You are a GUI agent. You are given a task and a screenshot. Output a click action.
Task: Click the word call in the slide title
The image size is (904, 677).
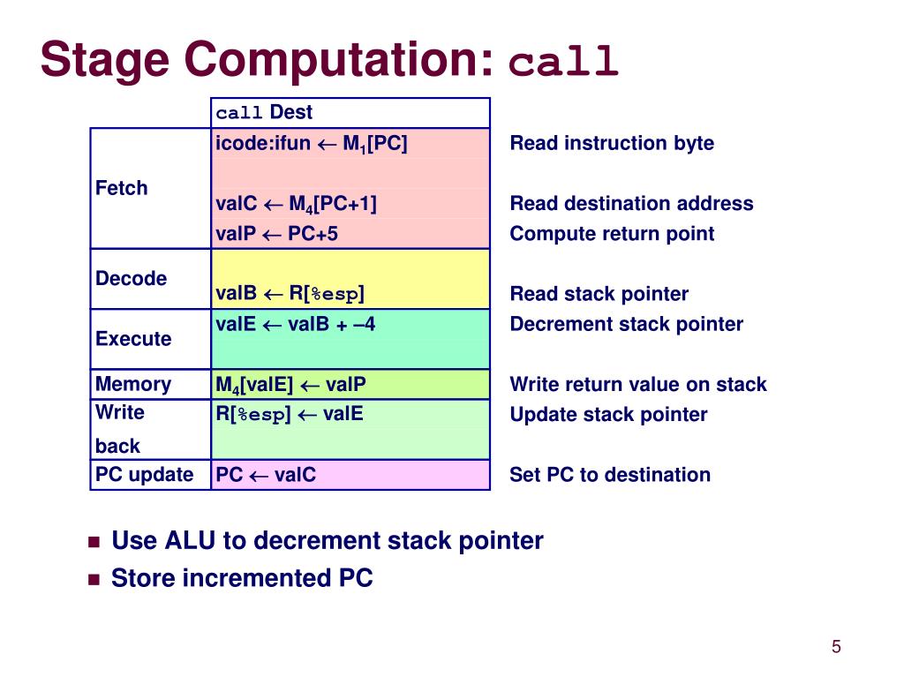(565, 63)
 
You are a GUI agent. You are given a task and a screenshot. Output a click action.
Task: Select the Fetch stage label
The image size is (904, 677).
(121, 188)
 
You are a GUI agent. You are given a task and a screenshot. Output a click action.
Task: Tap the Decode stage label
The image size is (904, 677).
(131, 279)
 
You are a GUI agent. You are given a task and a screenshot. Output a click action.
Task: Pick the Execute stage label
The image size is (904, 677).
(133, 339)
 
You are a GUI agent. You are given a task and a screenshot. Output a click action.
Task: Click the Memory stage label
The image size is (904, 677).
(133, 384)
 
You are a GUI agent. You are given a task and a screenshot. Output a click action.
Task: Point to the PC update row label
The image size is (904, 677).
(144, 475)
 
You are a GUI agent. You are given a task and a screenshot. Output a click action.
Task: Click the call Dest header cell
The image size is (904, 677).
(264, 113)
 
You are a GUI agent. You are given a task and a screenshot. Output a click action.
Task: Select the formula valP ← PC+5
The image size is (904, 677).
(276, 234)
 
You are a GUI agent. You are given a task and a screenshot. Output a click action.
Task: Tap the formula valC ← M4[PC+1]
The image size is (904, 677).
(296, 204)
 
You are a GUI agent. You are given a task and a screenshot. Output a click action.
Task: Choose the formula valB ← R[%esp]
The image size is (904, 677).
(290, 294)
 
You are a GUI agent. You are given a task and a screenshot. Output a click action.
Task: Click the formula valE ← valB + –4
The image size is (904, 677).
(295, 324)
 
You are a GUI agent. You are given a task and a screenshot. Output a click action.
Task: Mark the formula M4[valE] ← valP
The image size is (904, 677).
(290, 385)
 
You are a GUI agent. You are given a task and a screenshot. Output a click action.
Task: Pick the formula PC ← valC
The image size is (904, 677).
(266, 475)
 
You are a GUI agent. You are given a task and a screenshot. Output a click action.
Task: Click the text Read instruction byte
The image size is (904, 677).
(612, 143)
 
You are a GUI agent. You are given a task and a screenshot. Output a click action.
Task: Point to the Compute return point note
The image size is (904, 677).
(612, 234)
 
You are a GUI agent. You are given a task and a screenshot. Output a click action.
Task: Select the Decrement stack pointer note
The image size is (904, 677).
(626, 324)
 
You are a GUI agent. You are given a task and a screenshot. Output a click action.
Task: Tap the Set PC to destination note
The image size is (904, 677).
(610, 475)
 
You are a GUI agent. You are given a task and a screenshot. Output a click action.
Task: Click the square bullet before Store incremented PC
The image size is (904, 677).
(94, 579)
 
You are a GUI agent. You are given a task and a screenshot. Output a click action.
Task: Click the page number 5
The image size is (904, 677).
(836, 648)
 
